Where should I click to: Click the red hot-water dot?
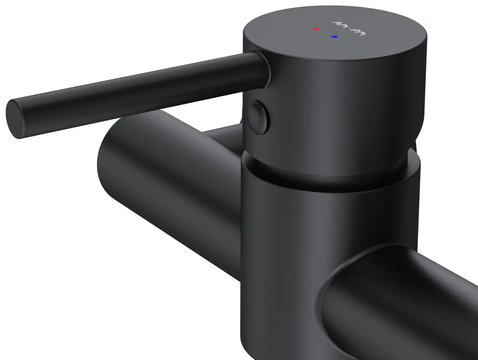tap(316, 29)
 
